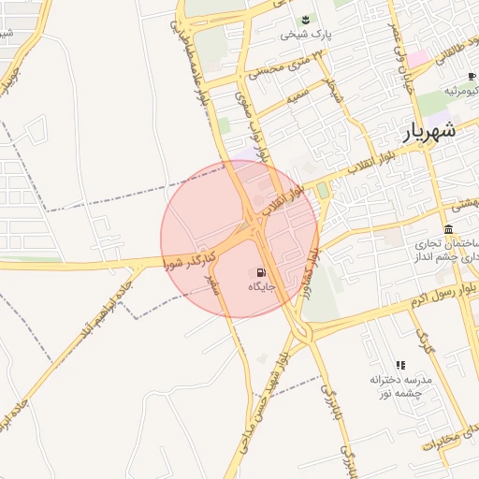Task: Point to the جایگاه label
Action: (x=259, y=288)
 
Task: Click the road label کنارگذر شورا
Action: (x=191, y=261)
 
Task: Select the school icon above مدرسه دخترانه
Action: (x=400, y=365)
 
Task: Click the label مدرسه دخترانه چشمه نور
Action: (x=400, y=387)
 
